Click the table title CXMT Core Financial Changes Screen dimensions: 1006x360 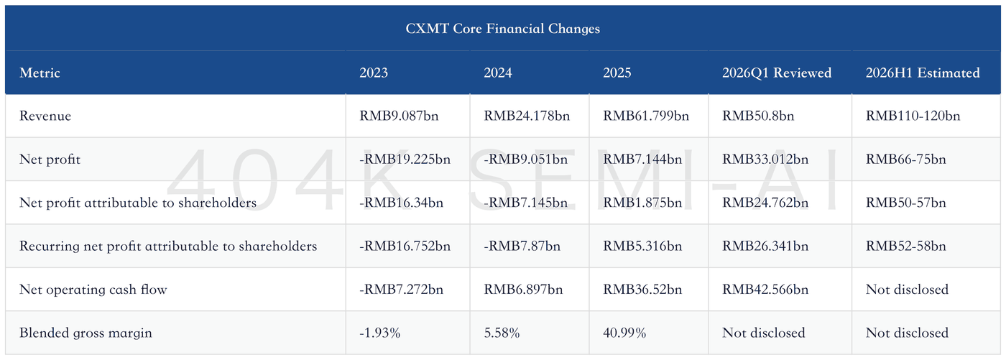click(502, 28)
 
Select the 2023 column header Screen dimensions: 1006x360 click(373, 73)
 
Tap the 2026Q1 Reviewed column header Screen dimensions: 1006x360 click(777, 73)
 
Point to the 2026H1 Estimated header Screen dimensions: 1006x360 click(923, 73)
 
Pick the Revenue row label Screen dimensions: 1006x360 click(45, 116)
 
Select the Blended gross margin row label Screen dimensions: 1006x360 click(86, 333)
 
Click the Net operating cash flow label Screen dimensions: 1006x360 click(93, 290)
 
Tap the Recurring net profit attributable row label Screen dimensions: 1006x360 click(168, 246)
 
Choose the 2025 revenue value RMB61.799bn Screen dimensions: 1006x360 click(645, 116)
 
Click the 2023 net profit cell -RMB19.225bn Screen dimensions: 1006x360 click(405, 160)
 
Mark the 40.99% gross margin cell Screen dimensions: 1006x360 click(624, 333)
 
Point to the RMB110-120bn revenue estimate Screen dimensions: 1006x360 click(913, 116)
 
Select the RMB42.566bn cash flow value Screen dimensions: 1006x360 click(765, 290)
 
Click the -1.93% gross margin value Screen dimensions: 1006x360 click(379, 333)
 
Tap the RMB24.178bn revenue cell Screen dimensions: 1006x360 click(526, 116)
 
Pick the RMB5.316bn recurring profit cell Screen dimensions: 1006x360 click(642, 246)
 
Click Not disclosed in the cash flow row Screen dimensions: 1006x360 click(907, 290)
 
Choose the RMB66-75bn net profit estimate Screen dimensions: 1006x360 click(905, 160)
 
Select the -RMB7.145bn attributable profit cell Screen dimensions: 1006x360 click(525, 203)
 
